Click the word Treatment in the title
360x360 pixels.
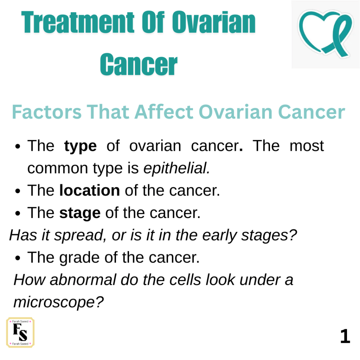click(78, 22)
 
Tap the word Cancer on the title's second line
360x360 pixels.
click(139, 64)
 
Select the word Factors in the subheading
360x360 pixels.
click(47, 112)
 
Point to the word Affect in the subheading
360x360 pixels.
click(164, 112)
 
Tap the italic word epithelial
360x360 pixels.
click(176, 168)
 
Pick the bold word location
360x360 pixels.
click(90, 190)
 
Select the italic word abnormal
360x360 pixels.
click(83, 280)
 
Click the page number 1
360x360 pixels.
click(345, 336)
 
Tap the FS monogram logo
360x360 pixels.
click(20, 333)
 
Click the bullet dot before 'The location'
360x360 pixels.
click(18, 191)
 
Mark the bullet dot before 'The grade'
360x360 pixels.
click(18, 258)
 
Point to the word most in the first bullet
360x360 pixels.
click(307, 146)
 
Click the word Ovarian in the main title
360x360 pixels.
click(213, 22)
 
